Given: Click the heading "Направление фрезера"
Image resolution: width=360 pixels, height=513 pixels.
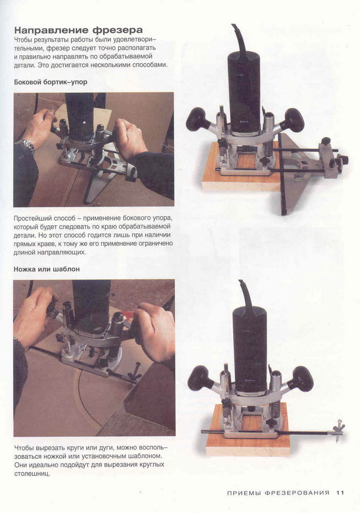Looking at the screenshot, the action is pyautogui.click(x=79, y=30).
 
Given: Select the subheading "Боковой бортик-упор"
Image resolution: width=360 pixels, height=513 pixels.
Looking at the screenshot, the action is pyautogui.click(x=51, y=82).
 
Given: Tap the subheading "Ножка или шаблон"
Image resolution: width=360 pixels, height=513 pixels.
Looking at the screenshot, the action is pyautogui.click(x=47, y=269).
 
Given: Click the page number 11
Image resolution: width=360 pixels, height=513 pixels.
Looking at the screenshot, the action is pyautogui.click(x=340, y=492).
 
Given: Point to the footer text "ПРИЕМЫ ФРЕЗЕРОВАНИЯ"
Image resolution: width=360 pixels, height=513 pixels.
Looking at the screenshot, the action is pyautogui.click(x=278, y=492).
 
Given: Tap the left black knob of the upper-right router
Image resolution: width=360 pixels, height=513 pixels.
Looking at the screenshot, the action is pyautogui.click(x=198, y=120).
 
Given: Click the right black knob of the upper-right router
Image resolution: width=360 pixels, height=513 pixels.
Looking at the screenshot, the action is pyautogui.click(x=294, y=120).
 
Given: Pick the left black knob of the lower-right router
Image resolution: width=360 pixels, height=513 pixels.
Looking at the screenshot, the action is pyautogui.click(x=200, y=378).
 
